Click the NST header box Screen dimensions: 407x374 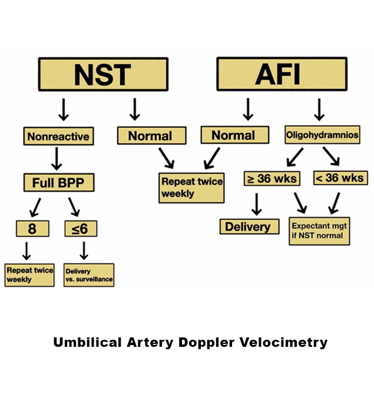[x=103, y=74]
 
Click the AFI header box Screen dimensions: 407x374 [x=277, y=74]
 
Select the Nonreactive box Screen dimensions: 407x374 [x=58, y=137]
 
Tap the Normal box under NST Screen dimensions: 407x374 [x=151, y=136]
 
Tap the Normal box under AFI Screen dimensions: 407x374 [x=234, y=136]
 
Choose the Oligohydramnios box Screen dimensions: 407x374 [x=322, y=135]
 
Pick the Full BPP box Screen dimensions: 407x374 [x=58, y=182]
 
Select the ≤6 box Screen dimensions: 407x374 [x=81, y=228]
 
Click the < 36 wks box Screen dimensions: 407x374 [x=340, y=178]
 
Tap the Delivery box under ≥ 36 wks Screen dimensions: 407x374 [x=249, y=227]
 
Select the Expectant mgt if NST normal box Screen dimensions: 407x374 [x=319, y=231]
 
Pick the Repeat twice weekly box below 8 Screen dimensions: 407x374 [x=29, y=275]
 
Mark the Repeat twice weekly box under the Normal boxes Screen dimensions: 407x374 [x=191, y=187]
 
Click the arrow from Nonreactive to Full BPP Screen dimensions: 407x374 [x=58, y=159]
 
